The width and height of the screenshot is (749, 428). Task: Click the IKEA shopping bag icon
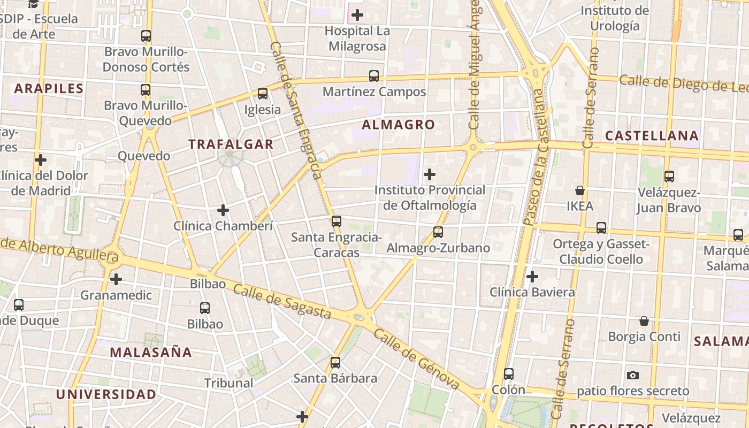(579, 190)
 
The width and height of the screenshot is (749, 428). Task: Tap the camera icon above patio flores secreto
(633, 375)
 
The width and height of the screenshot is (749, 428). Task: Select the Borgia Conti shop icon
(644, 321)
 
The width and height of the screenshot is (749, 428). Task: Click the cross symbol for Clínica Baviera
(532, 277)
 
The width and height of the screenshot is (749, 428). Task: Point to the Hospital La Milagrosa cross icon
(357, 15)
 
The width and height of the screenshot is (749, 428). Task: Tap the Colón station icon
(508, 374)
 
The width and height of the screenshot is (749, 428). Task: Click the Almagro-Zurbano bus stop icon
(438, 232)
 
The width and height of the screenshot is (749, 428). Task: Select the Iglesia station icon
(262, 94)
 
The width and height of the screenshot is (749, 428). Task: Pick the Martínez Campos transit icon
(374, 76)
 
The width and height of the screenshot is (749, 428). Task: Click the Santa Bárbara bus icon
(335, 363)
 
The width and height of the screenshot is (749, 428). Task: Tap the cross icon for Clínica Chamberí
(223, 210)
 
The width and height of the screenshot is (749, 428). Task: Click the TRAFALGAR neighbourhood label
(231, 144)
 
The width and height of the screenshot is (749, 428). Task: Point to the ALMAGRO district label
(399, 125)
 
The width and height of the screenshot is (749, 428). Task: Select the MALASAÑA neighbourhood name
(151, 352)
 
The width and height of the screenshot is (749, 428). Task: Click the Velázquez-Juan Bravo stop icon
(669, 176)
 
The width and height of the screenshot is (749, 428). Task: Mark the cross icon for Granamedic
(116, 279)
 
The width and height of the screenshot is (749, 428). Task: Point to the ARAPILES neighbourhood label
(49, 88)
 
